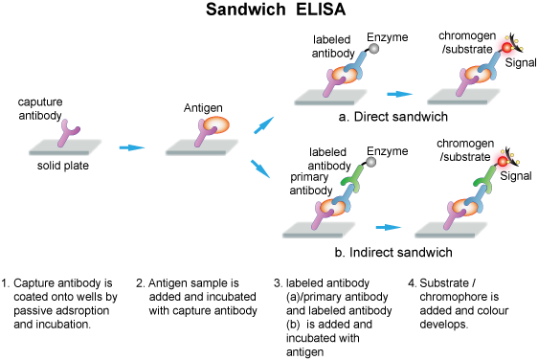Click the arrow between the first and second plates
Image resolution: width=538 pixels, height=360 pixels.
(132, 147)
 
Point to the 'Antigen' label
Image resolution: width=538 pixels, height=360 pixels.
(203, 108)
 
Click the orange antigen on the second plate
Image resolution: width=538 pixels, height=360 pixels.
(213, 127)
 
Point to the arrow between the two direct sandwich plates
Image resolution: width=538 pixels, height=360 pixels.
(399, 94)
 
